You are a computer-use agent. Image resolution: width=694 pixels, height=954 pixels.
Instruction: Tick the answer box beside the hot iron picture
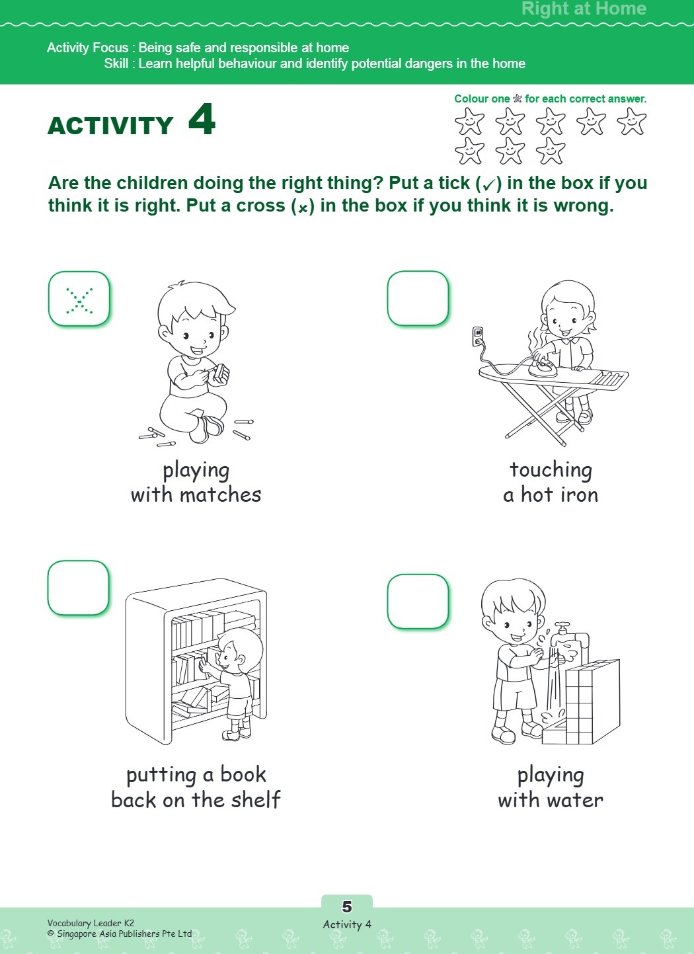pos(418,298)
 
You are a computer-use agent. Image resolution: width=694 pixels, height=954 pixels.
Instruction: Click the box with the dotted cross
pos(79,299)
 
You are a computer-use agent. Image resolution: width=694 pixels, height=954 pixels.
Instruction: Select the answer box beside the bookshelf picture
pos(78,588)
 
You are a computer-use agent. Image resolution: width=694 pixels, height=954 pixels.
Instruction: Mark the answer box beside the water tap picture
pos(418,601)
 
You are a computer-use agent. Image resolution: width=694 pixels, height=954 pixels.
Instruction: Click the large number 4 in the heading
pos(202,120)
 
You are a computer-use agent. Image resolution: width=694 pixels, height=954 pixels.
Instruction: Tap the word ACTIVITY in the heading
pos(110,126)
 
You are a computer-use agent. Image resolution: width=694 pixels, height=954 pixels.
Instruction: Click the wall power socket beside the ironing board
pos(478,336)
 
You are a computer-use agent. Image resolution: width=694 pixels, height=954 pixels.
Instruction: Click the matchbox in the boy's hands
pos(220,374)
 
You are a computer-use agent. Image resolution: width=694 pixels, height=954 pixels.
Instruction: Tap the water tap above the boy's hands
pos(562,628)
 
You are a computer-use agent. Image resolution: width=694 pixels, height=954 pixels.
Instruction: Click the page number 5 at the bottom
pos(347,906)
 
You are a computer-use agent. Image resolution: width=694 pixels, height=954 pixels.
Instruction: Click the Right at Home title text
pos(584,9)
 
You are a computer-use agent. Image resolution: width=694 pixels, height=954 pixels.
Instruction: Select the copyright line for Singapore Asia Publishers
pos(120,934)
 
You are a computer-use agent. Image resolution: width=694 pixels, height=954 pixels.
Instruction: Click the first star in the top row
pos(469,122)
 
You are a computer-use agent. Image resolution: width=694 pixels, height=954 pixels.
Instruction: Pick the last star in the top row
pos(631,122)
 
